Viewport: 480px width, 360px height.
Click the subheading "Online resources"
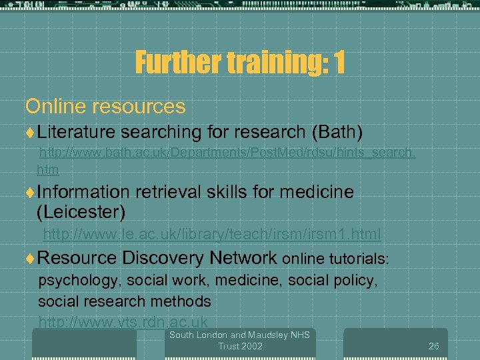(105, 106)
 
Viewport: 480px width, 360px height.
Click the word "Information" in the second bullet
(83, 192)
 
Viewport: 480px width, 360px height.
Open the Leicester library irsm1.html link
(212, 234)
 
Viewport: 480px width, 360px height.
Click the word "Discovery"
(163, 257)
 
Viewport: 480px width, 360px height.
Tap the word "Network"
(243, 257)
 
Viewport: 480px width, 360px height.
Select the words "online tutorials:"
(335, 258)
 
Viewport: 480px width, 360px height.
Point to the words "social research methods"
(125, 301)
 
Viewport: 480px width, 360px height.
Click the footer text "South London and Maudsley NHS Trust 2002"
(239, 340)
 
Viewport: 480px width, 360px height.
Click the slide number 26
(433, 346)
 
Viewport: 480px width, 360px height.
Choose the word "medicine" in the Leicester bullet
(317, 192)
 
